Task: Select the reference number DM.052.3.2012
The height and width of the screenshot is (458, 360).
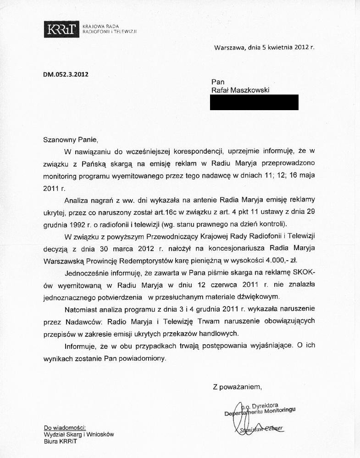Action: pyautogui.click(x=66, y=74)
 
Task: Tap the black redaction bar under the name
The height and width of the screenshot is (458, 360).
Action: pyautogui.click(x=254, y=102)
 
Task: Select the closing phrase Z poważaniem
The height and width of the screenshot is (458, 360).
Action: pyautogui.click(x=237, y=387)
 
